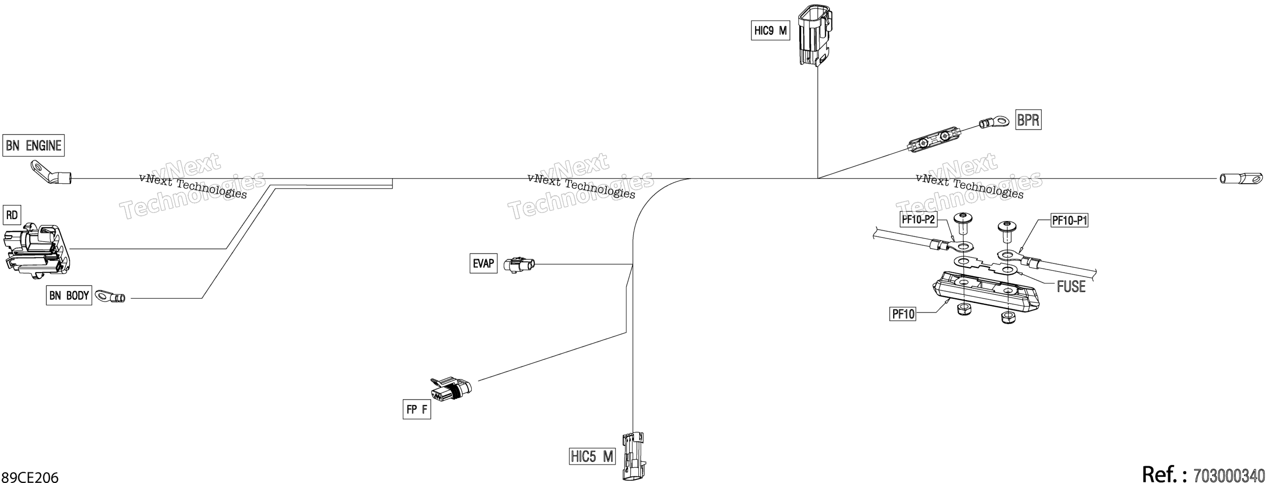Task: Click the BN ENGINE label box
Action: [34, 146]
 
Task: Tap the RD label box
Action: [12, 215]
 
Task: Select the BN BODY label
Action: [69, 295]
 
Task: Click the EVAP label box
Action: [484, 263]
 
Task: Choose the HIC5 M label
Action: [592, 457]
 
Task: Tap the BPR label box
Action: [1028, 119]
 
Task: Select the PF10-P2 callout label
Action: [918, 219]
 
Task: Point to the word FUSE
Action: [1071, 286]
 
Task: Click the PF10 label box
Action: [903, 314]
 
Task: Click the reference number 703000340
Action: [1229, 475]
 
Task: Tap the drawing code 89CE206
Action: [30, 477]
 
